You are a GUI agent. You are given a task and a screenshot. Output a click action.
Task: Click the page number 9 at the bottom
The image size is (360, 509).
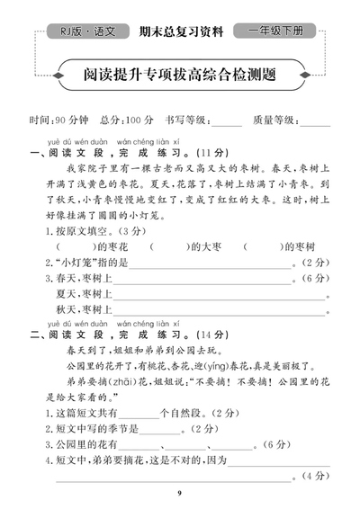(x=179, y=493)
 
